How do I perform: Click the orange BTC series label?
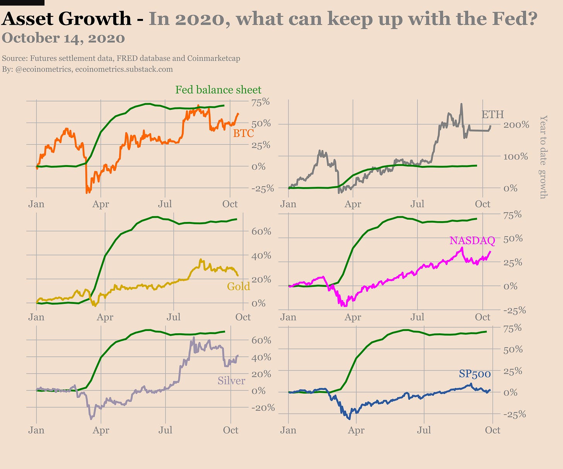243,133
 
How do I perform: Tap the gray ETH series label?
492,114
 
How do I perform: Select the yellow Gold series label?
238,286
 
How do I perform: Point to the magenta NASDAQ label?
472,240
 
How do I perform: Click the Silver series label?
231,380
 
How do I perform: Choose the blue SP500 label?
475,374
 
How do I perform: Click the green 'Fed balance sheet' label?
218,90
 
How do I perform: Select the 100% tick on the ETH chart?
515,157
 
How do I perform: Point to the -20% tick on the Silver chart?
263,408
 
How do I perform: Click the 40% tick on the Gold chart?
261,256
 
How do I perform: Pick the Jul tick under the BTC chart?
165,204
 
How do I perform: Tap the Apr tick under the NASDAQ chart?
353,317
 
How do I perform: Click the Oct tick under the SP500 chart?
493,430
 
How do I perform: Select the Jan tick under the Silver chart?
36,430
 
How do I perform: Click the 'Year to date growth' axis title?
543,157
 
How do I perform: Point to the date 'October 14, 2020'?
63,38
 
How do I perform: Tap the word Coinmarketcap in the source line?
213,58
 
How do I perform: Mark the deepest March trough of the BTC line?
87,192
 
